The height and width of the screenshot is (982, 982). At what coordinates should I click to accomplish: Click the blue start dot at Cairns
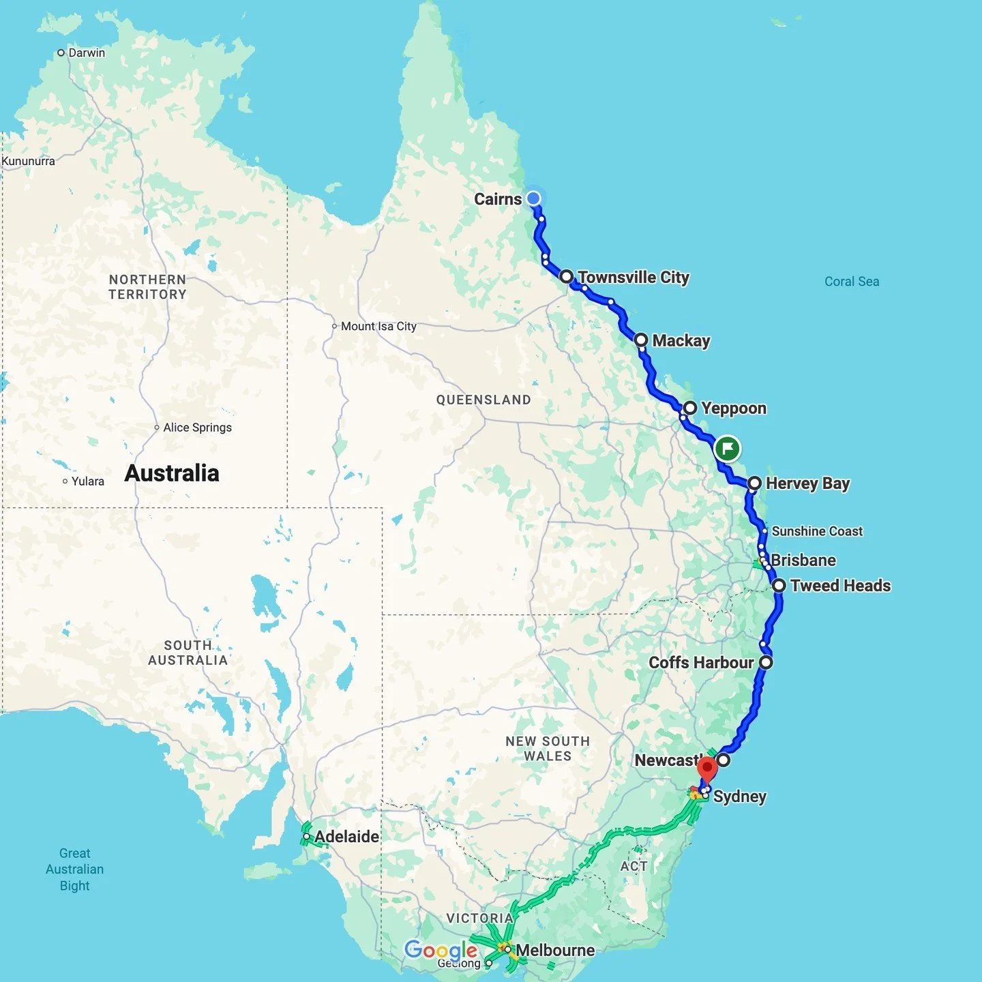533,198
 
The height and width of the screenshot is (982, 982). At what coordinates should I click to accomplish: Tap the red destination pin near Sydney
707,769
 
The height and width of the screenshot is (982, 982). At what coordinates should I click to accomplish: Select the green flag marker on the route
728,449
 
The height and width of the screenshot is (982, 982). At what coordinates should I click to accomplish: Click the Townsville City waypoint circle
567,277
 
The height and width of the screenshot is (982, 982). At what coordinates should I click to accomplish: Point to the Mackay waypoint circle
641,340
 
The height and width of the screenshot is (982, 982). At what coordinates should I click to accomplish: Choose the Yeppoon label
734,408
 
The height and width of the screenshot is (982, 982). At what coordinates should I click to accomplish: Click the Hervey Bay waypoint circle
754,483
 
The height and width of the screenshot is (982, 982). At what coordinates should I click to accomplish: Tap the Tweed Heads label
840,586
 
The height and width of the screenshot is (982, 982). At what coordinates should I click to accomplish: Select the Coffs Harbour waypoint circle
767,662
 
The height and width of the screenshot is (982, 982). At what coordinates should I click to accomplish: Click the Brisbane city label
803,561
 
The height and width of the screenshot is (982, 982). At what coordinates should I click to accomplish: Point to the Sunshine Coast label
817,531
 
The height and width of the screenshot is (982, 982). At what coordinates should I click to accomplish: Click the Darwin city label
87,53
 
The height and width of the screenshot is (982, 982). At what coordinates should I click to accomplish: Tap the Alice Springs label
197,428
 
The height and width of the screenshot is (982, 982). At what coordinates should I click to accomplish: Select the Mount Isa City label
378,326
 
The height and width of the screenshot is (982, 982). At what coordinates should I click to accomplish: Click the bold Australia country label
172,473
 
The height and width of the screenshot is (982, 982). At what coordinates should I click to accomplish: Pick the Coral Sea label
852,282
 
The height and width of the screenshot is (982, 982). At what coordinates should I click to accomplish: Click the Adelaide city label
346,837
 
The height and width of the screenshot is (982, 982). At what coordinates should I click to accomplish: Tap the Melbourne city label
555,950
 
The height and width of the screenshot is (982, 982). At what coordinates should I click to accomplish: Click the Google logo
441,950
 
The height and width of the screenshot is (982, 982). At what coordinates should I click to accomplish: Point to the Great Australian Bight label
75,869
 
